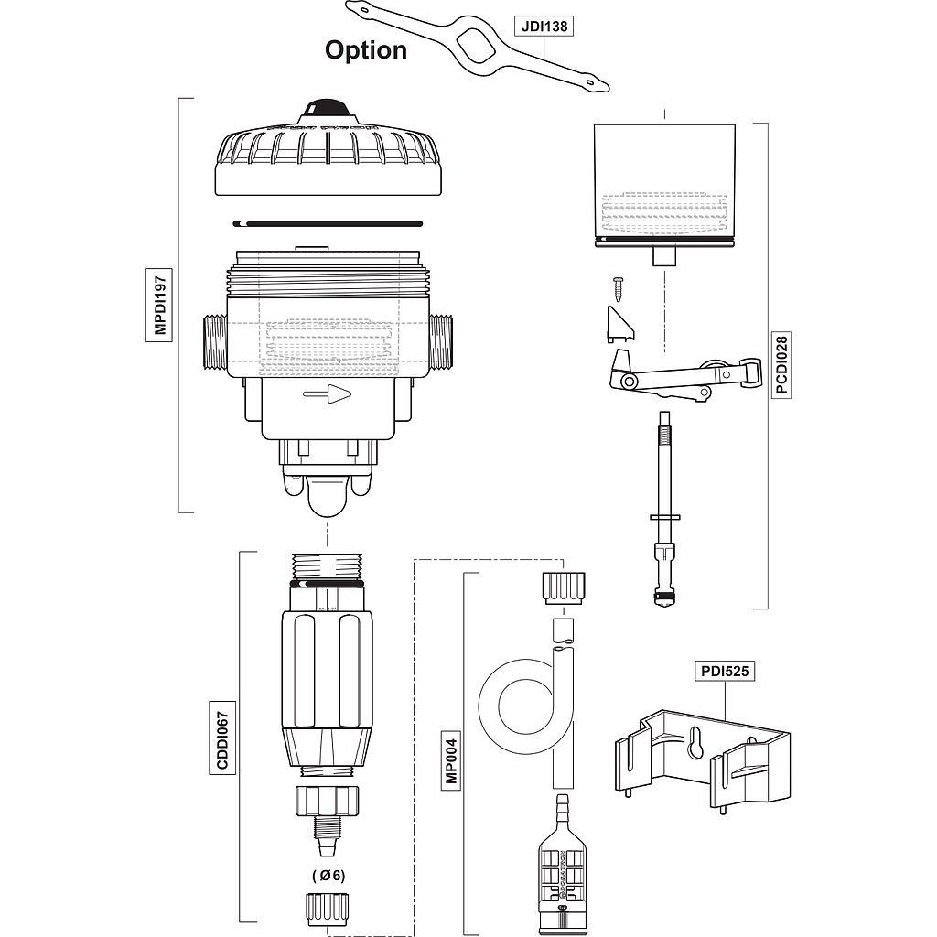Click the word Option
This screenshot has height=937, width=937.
(365, 50)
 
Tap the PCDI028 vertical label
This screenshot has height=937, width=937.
(781, 364)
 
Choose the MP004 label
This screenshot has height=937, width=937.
(449, 759)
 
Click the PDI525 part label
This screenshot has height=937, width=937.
(725, 671)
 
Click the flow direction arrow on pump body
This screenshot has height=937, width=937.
(328, 394)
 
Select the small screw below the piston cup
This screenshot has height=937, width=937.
(619, 288)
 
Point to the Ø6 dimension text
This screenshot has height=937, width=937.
(328, 875)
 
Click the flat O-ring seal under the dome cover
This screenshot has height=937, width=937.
(328, 222)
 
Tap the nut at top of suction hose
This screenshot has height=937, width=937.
(562, 587)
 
